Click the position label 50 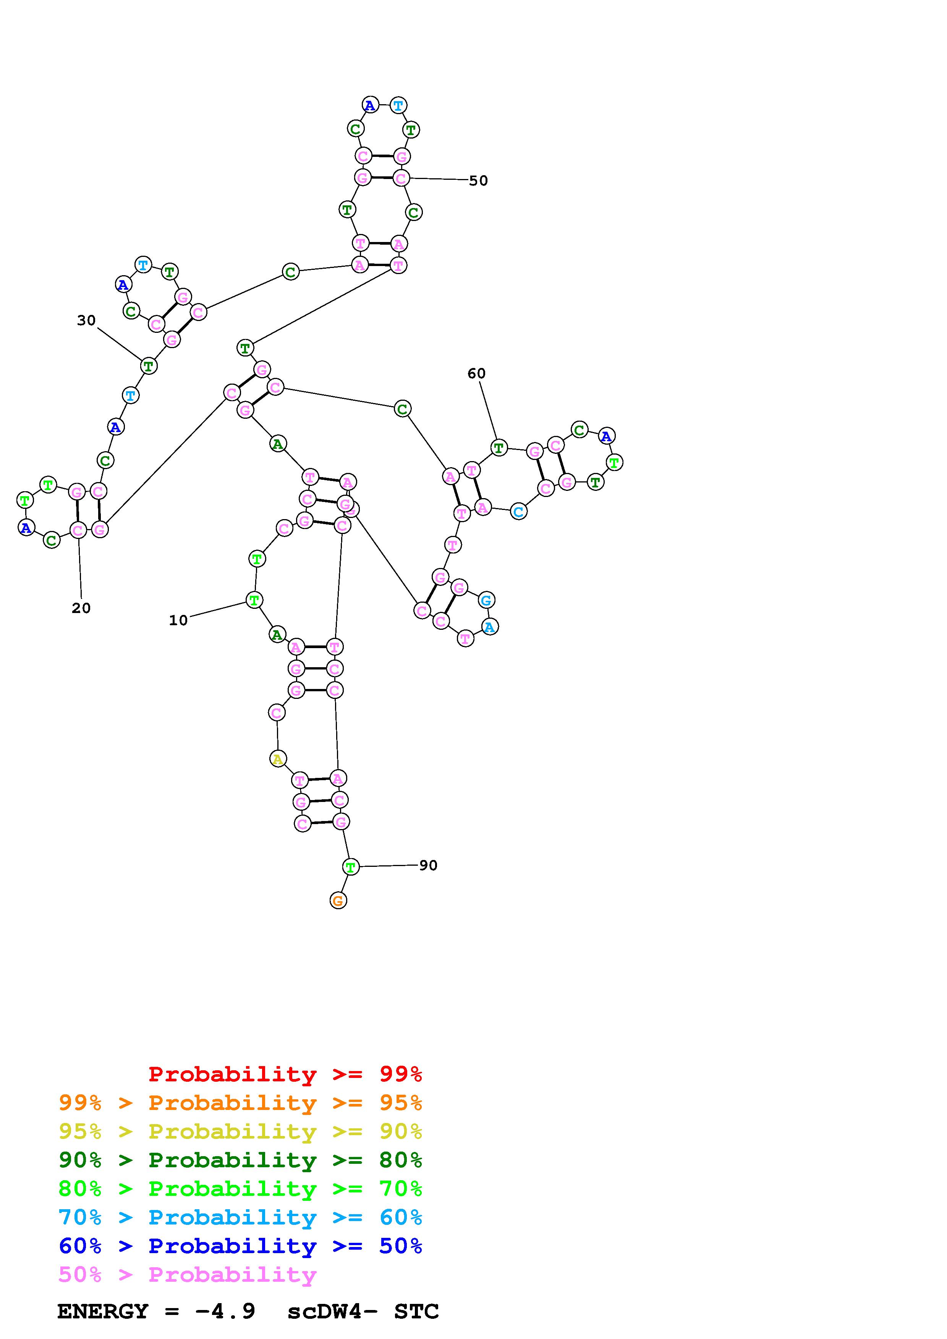[x=478, y=181]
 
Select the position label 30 [x=86, y=320]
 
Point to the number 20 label [x=81, y=608]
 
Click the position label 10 [x=178, y=621]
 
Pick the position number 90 [x=428, y=865]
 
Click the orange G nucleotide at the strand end [x=338, y=901]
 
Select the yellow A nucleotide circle [x=278, y=759]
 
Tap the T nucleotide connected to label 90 [x=350, y=867]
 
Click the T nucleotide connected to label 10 [x=254, y=600]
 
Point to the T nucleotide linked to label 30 [x=149, y=366]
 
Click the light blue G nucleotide [x=486, y=600]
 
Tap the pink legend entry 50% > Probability [x=187, y=1275]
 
